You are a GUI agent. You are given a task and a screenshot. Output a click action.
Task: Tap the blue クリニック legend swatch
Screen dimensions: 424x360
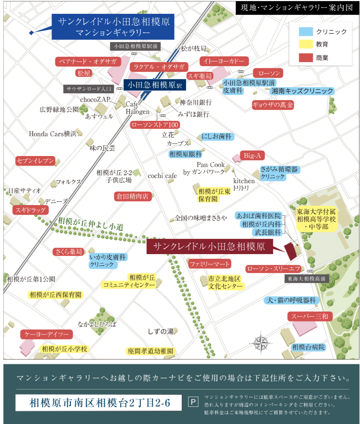[306, 32]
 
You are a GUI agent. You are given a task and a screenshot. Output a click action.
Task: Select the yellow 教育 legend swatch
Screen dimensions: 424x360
[306, 44]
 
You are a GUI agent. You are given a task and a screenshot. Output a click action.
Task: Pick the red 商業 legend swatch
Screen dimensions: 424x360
[306, 57]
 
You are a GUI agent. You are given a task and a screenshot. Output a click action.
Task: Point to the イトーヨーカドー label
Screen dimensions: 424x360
[224, 61]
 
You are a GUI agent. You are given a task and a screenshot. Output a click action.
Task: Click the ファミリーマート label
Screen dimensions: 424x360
[210, 264]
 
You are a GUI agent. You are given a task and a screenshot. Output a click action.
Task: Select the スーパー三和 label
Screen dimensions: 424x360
[310, 316]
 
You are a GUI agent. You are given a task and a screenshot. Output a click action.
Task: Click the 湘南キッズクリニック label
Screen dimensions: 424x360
[302, 91]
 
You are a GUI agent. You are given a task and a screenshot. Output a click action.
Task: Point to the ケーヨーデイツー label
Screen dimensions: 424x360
[47, 334]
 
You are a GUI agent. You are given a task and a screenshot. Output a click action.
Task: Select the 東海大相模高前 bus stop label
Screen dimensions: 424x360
[307, 279]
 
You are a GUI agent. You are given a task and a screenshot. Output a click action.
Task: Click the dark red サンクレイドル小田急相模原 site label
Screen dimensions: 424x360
[210, 247]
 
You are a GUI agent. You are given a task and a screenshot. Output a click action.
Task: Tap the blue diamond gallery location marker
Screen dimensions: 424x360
[31, 33]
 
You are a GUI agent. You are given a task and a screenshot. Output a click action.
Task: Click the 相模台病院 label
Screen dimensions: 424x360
[308, 347]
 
